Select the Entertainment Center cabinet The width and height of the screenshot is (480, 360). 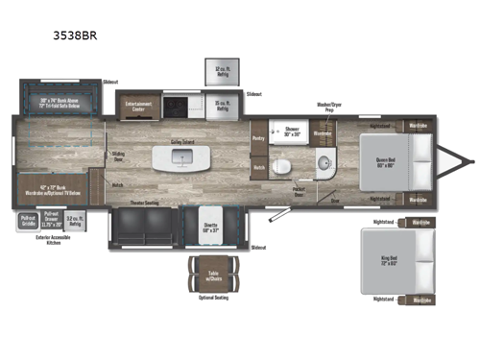137,103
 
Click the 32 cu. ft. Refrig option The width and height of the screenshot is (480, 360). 221,73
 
